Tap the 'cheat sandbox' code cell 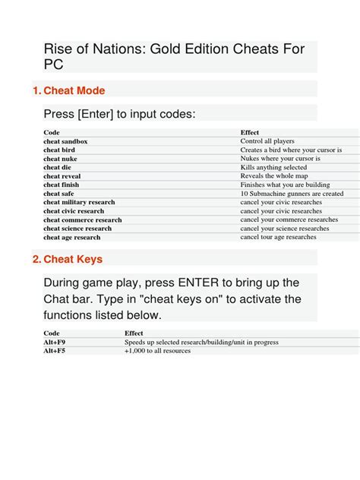tap(66, 141)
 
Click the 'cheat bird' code tap(60, 150)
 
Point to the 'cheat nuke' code tap(61, 159)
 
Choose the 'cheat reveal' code tap(62, 176)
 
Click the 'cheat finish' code tap(62, 185)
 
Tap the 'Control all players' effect tap(267, 141)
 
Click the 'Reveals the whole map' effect tap(273, 176)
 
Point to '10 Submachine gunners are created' tap(292, 194)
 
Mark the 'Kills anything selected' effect tap(273, 167)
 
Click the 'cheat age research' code tap(72, 237)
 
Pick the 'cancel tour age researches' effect tap(278, 237)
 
